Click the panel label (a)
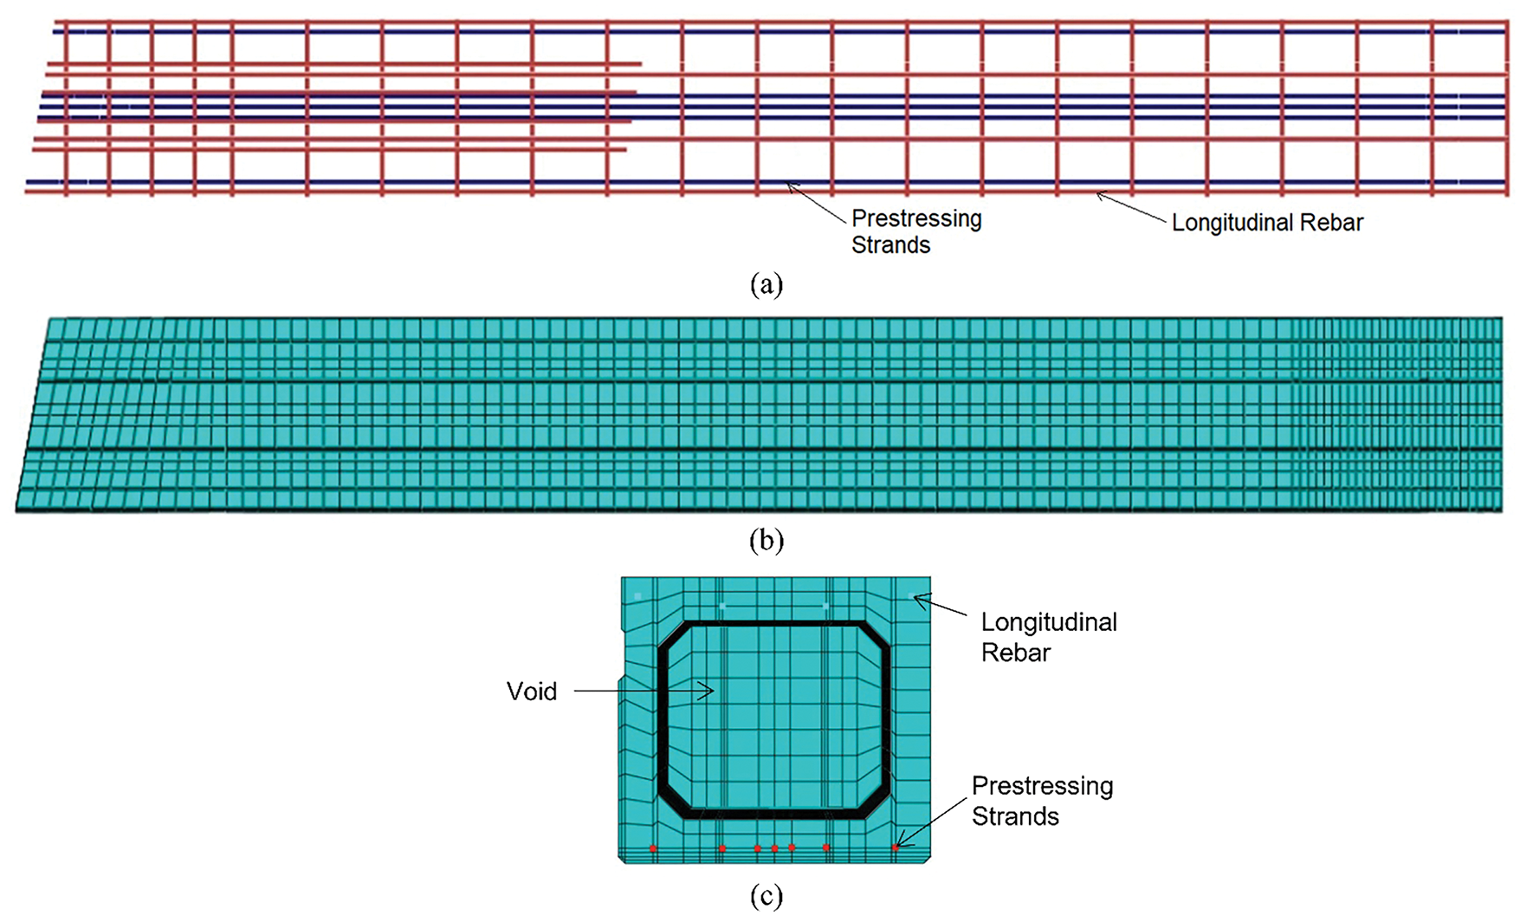pos(766,284)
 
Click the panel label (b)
pos(766,541)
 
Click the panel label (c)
pos(766,896)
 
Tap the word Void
pos(532,692)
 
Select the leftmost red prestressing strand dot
pos(653,848)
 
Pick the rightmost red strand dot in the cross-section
pos(896,848)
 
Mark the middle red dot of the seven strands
pos(774,848)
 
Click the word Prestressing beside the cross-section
pos(1042,786)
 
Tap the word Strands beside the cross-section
pos(1015,816)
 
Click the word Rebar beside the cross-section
pos(1015,653)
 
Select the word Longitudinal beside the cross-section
pos(1049,622)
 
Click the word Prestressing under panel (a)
pos(916,218)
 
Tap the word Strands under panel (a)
pos(890,245)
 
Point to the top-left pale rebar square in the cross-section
pos(637,596)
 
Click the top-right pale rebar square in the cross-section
pos(912,596)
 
